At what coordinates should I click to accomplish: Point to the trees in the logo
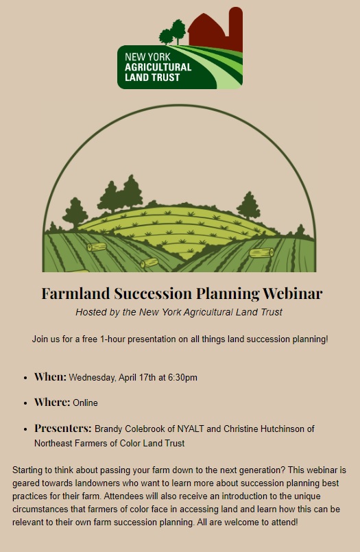point(172,32)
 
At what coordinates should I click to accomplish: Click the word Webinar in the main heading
point(292,293)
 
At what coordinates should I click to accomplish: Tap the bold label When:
point(50,376)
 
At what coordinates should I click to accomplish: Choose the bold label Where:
point(52,402)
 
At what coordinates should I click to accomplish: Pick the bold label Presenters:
point(63,428)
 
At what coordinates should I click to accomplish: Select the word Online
point(85,403)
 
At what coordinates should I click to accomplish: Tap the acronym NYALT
point(191,429)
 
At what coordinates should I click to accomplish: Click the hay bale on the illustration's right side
point(261,253)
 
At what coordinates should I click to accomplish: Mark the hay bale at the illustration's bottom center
point(149,263)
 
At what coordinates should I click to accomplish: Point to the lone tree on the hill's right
point(249,206)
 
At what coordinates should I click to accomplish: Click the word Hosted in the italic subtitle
point(88,312)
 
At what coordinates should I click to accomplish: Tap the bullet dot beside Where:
point(25,403)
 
